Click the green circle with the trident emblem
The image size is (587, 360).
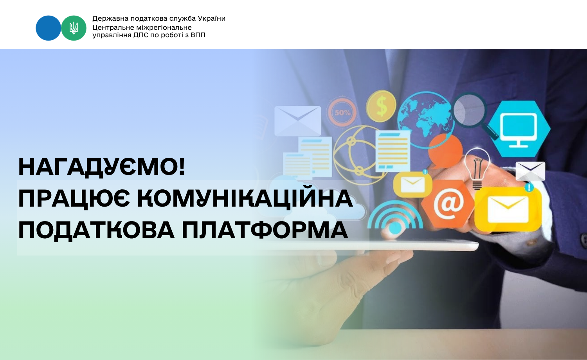pyautogui.click(x=74, y=28)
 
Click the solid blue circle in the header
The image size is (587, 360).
pyautogui.click(x=48, y=28)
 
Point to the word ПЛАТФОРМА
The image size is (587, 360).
pyautogui.click(x=265, y=230)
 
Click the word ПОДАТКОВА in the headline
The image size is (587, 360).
pyautogui.click(x=96, y=230)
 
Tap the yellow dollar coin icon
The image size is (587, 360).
pyautogui.click(x=381, y=106)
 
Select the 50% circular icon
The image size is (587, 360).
pyautogui.click(x=342, y=113)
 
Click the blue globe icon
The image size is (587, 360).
pyautogui.click(x=426, y=120)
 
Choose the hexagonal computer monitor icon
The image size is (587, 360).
pyautogui.click(x=519, y=129)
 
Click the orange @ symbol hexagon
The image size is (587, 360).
pyautogui.click(x=448, y=204)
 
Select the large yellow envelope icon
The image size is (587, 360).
pyautogui.click(x=508, y=210)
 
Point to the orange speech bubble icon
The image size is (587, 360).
pyautogui.click(x=445, y=150)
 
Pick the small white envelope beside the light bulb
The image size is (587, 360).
pyautogui.click(x=530, y=171)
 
